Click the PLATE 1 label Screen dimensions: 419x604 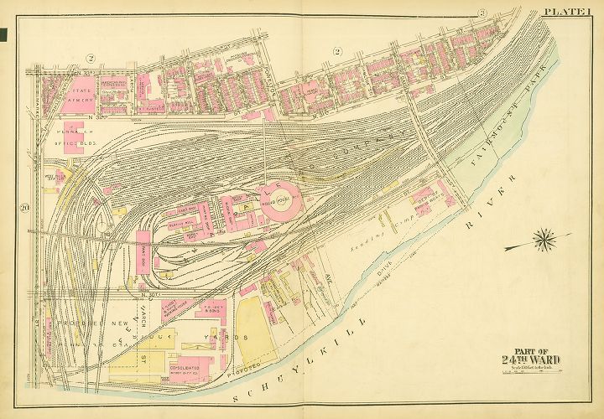(x=572, y=11)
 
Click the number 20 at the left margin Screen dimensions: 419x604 (x=27, y=209)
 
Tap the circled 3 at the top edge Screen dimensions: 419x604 (x=482, y=13)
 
